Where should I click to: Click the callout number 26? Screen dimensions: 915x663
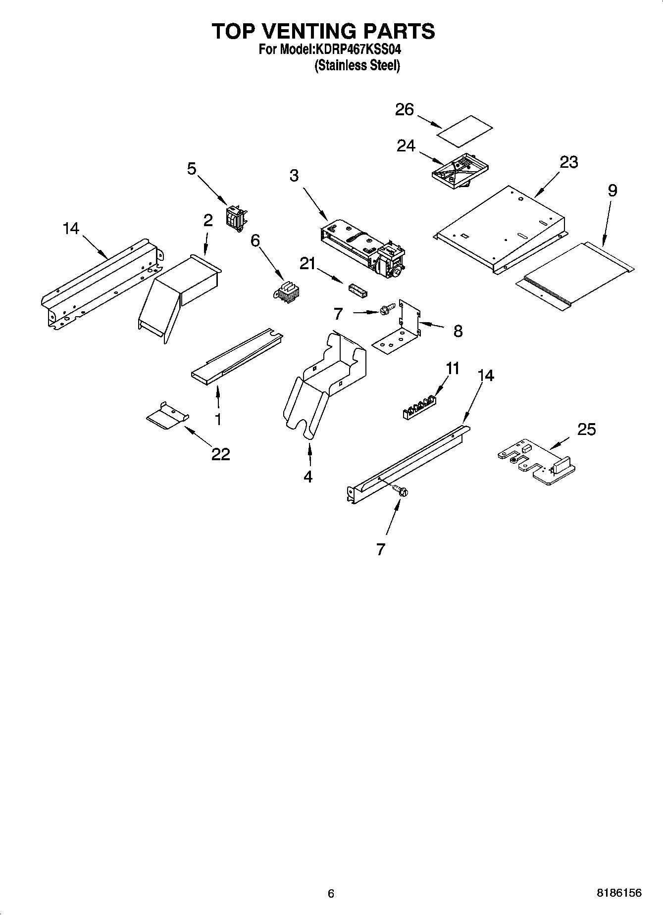404,109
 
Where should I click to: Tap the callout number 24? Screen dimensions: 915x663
406,146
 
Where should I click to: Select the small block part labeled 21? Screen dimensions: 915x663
357,289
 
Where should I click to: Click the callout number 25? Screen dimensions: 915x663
586,430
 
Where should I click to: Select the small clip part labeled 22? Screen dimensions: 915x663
168,416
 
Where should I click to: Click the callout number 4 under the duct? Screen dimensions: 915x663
308,477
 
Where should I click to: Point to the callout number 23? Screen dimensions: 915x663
569,162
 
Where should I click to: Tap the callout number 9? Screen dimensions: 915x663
612,191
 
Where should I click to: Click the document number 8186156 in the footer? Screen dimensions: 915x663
619,893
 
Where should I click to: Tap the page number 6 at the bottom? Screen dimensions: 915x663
331,893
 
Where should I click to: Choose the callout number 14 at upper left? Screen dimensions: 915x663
71,228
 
